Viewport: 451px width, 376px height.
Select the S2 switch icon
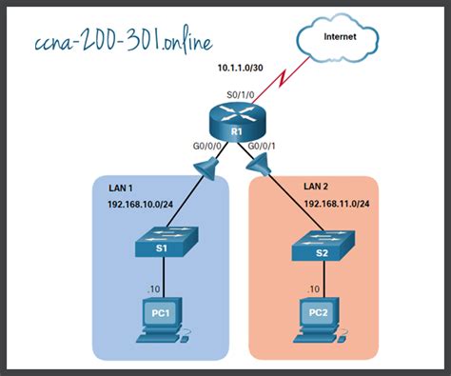pos(324,249)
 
